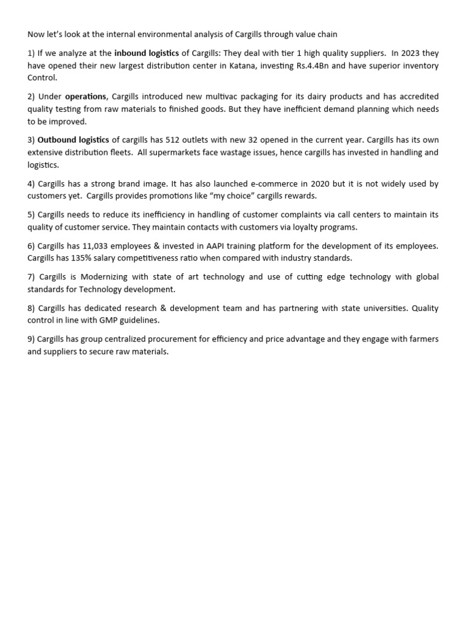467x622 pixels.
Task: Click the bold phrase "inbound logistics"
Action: pyautogui.click(x=147, y=53)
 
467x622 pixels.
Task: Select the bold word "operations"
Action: pyautogui.click(x=86, y=97)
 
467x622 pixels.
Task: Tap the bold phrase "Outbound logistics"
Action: pyautogui.click(x=74, y=140)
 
